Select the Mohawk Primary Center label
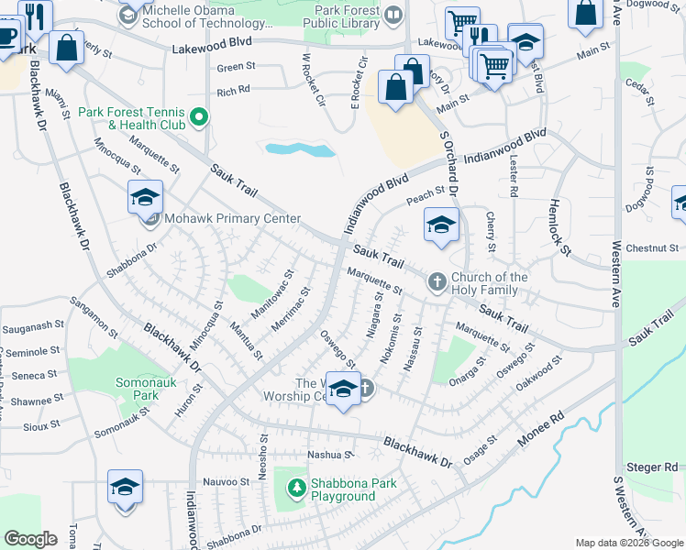pos(232,218)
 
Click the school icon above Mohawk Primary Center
pos(146,197)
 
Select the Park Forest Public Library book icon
pos(394,14)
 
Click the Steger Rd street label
pos(652,467)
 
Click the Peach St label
pos(426,193)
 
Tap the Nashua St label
pos(330,455)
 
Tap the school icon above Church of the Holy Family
pos(441,225)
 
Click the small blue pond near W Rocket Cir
pos(287,148)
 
